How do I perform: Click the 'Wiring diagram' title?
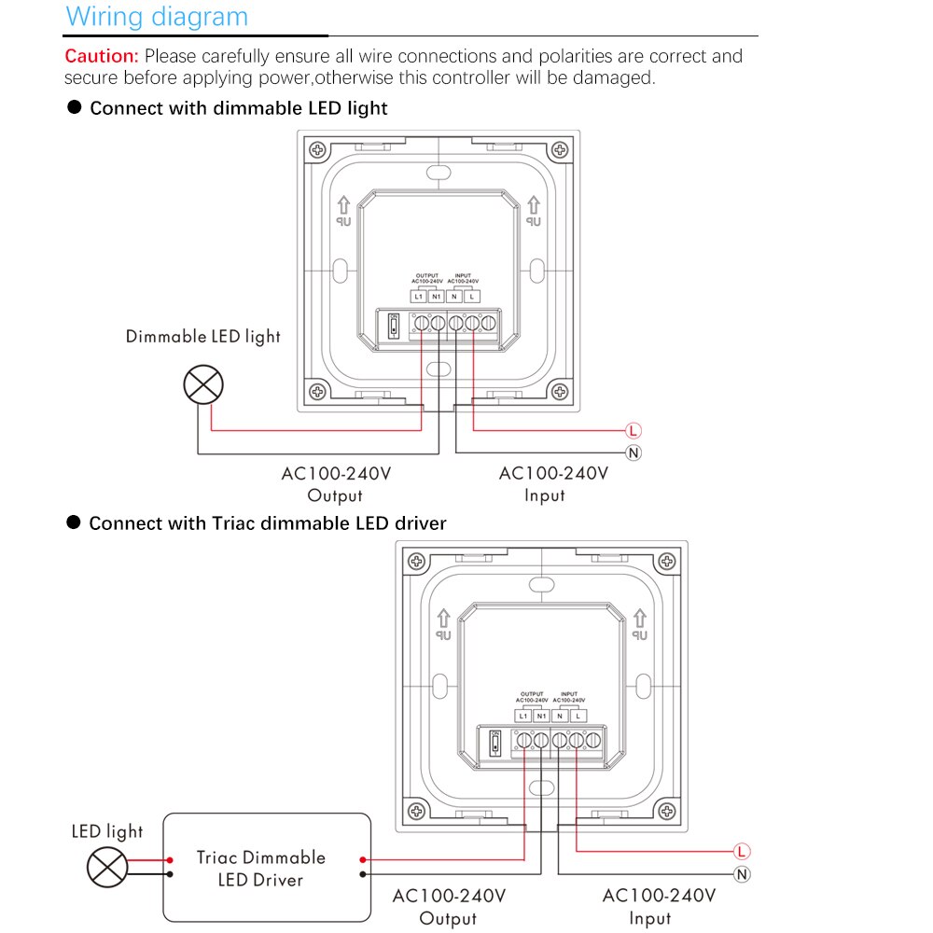point(157,17)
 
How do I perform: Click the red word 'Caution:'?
point(102,56)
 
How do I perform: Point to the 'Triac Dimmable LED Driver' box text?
point(260,868)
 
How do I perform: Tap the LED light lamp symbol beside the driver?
point(107,867)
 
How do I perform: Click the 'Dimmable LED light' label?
point(203,336)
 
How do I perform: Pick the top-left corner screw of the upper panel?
point(319,149)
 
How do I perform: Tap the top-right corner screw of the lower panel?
point(666,562)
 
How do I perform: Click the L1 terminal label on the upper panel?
point(418,296)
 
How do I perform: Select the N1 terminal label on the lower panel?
point(541,716)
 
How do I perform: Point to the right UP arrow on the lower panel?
point(640,623)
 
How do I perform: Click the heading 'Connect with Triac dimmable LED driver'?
point(267,523)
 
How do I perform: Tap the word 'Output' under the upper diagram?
point(335,495)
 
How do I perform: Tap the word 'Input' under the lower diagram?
point(649,918)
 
